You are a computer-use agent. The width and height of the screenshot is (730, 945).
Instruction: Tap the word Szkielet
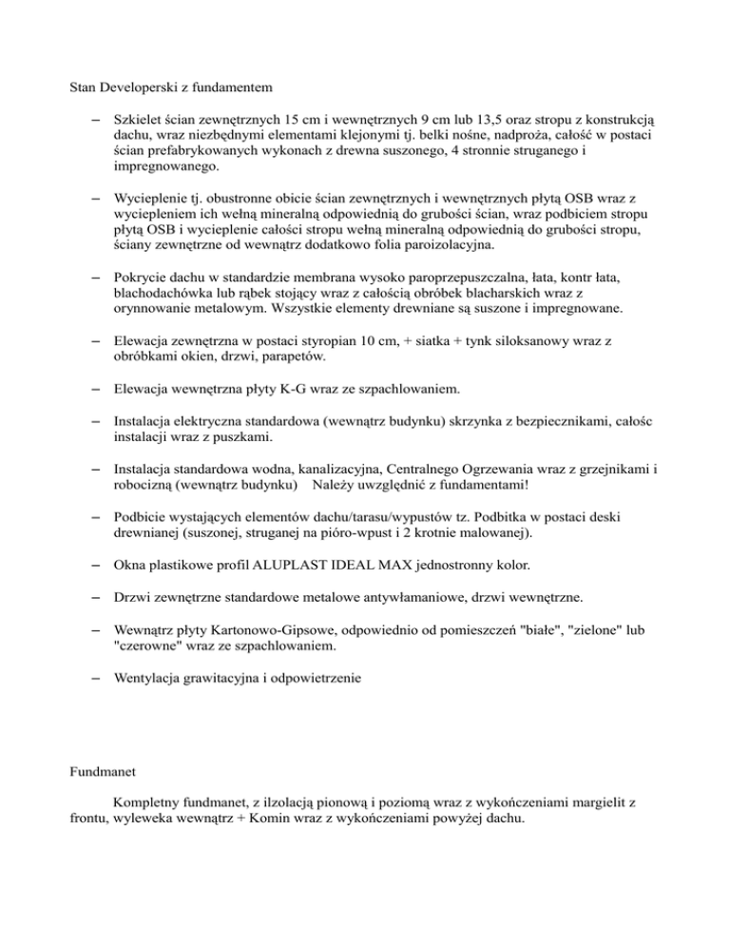[x=139, y=121]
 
